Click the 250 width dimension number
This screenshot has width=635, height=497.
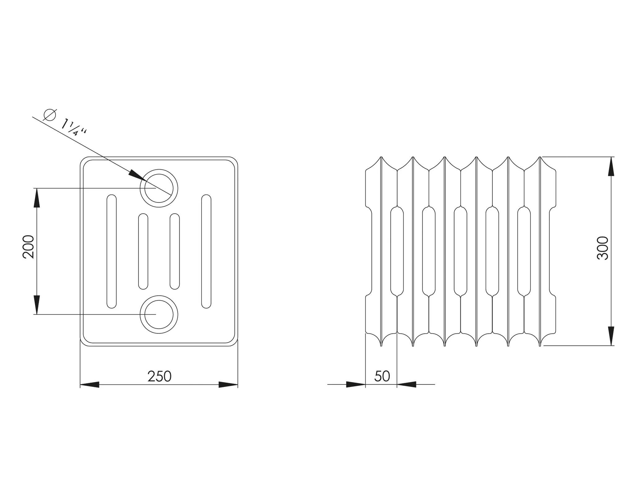[x=159, y=376]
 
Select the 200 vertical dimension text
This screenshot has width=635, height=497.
[x=29, y=247]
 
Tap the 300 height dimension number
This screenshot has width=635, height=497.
[x=603, y=248]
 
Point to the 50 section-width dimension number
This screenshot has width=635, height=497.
[x=382, y=376]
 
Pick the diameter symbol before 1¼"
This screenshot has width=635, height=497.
[x=50, y=115]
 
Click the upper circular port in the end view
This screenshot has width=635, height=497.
[x=159, y=188]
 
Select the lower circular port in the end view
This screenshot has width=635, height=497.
[x=159, y=314]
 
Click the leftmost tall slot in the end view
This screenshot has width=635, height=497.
[x=112, y=251]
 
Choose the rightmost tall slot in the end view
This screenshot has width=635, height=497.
[x=206, y=251]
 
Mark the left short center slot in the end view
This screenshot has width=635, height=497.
[x=143, y=251]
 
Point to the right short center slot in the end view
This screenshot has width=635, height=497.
[x=175, y=251]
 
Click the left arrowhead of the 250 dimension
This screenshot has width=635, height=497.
[x=90, y=385]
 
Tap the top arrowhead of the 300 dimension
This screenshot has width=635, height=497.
[x=611, y=166]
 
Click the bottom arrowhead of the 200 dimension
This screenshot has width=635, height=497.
[x=37, y=305]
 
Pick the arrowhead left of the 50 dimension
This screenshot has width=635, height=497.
[x=356, y=384]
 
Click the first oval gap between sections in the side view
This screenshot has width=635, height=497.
[x=397, y=251]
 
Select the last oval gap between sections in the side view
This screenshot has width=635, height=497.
[x=524, y=251]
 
